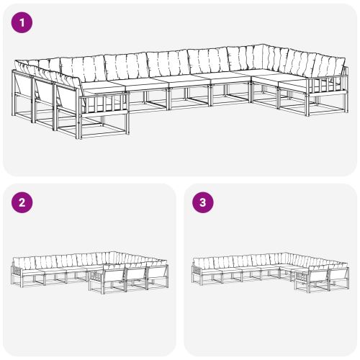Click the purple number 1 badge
coord(23,23)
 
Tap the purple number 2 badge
coord(23,203)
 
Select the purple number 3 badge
coord(203,203)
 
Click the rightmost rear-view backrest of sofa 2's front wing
coord(157,274)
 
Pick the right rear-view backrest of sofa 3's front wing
coord(338,275)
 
